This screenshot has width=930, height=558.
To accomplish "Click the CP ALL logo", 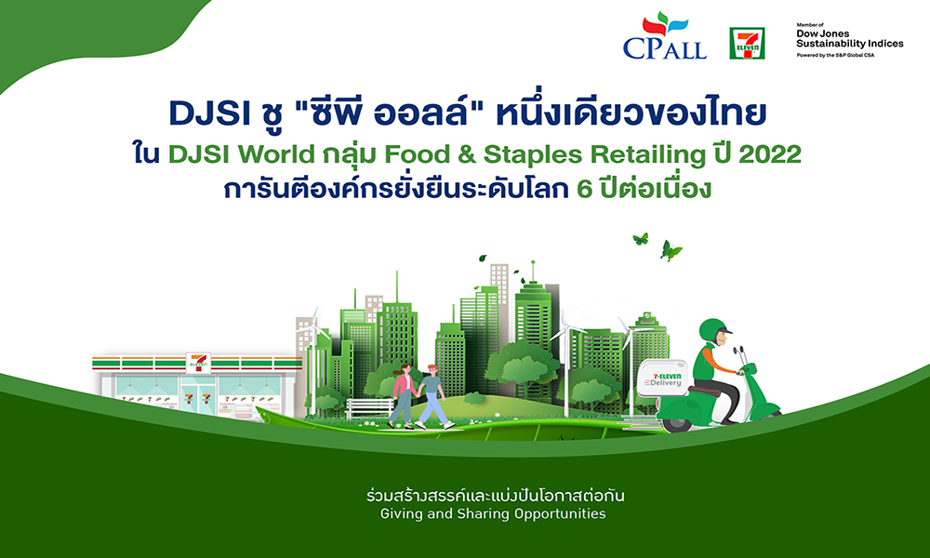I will coord(666,37).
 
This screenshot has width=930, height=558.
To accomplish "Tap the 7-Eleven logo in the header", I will coord(747,43).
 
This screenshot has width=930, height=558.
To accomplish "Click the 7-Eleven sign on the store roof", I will coord(196,359).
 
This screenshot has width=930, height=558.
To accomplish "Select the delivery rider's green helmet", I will coord(712,330).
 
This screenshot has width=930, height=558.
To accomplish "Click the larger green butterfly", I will coord(671,249).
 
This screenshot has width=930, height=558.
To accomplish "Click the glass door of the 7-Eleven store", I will coord(196,398).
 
